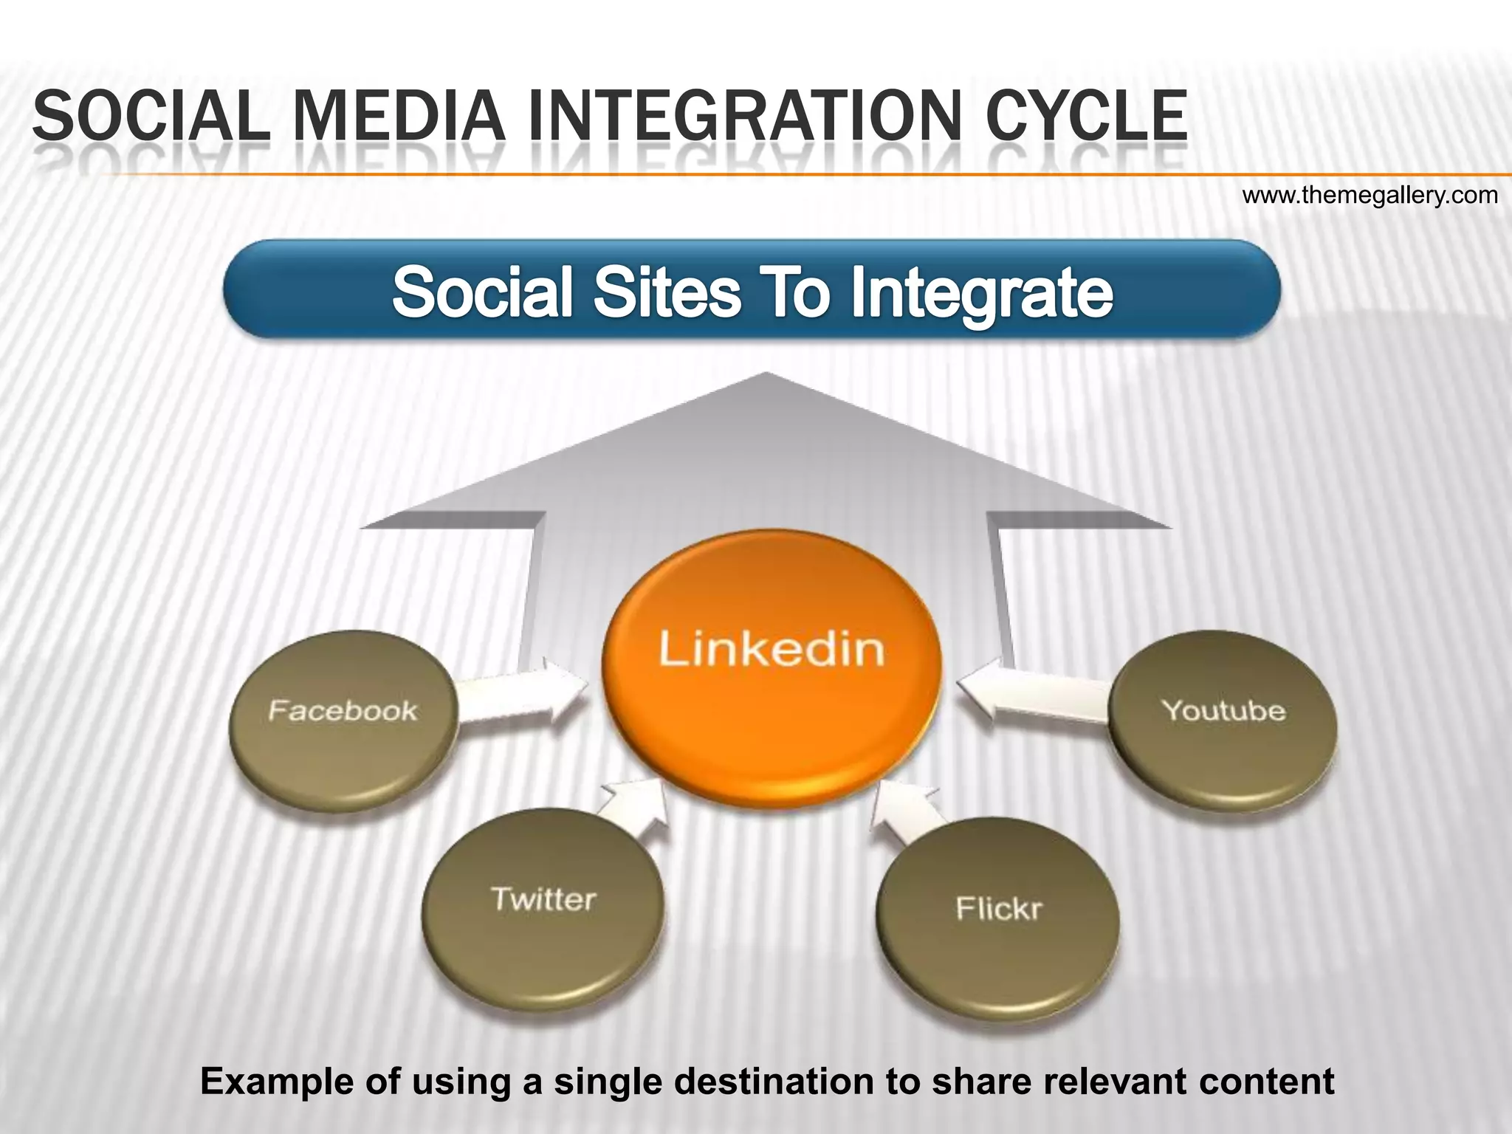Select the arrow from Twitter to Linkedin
point(631,808)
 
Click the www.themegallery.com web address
point(1370,196)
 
